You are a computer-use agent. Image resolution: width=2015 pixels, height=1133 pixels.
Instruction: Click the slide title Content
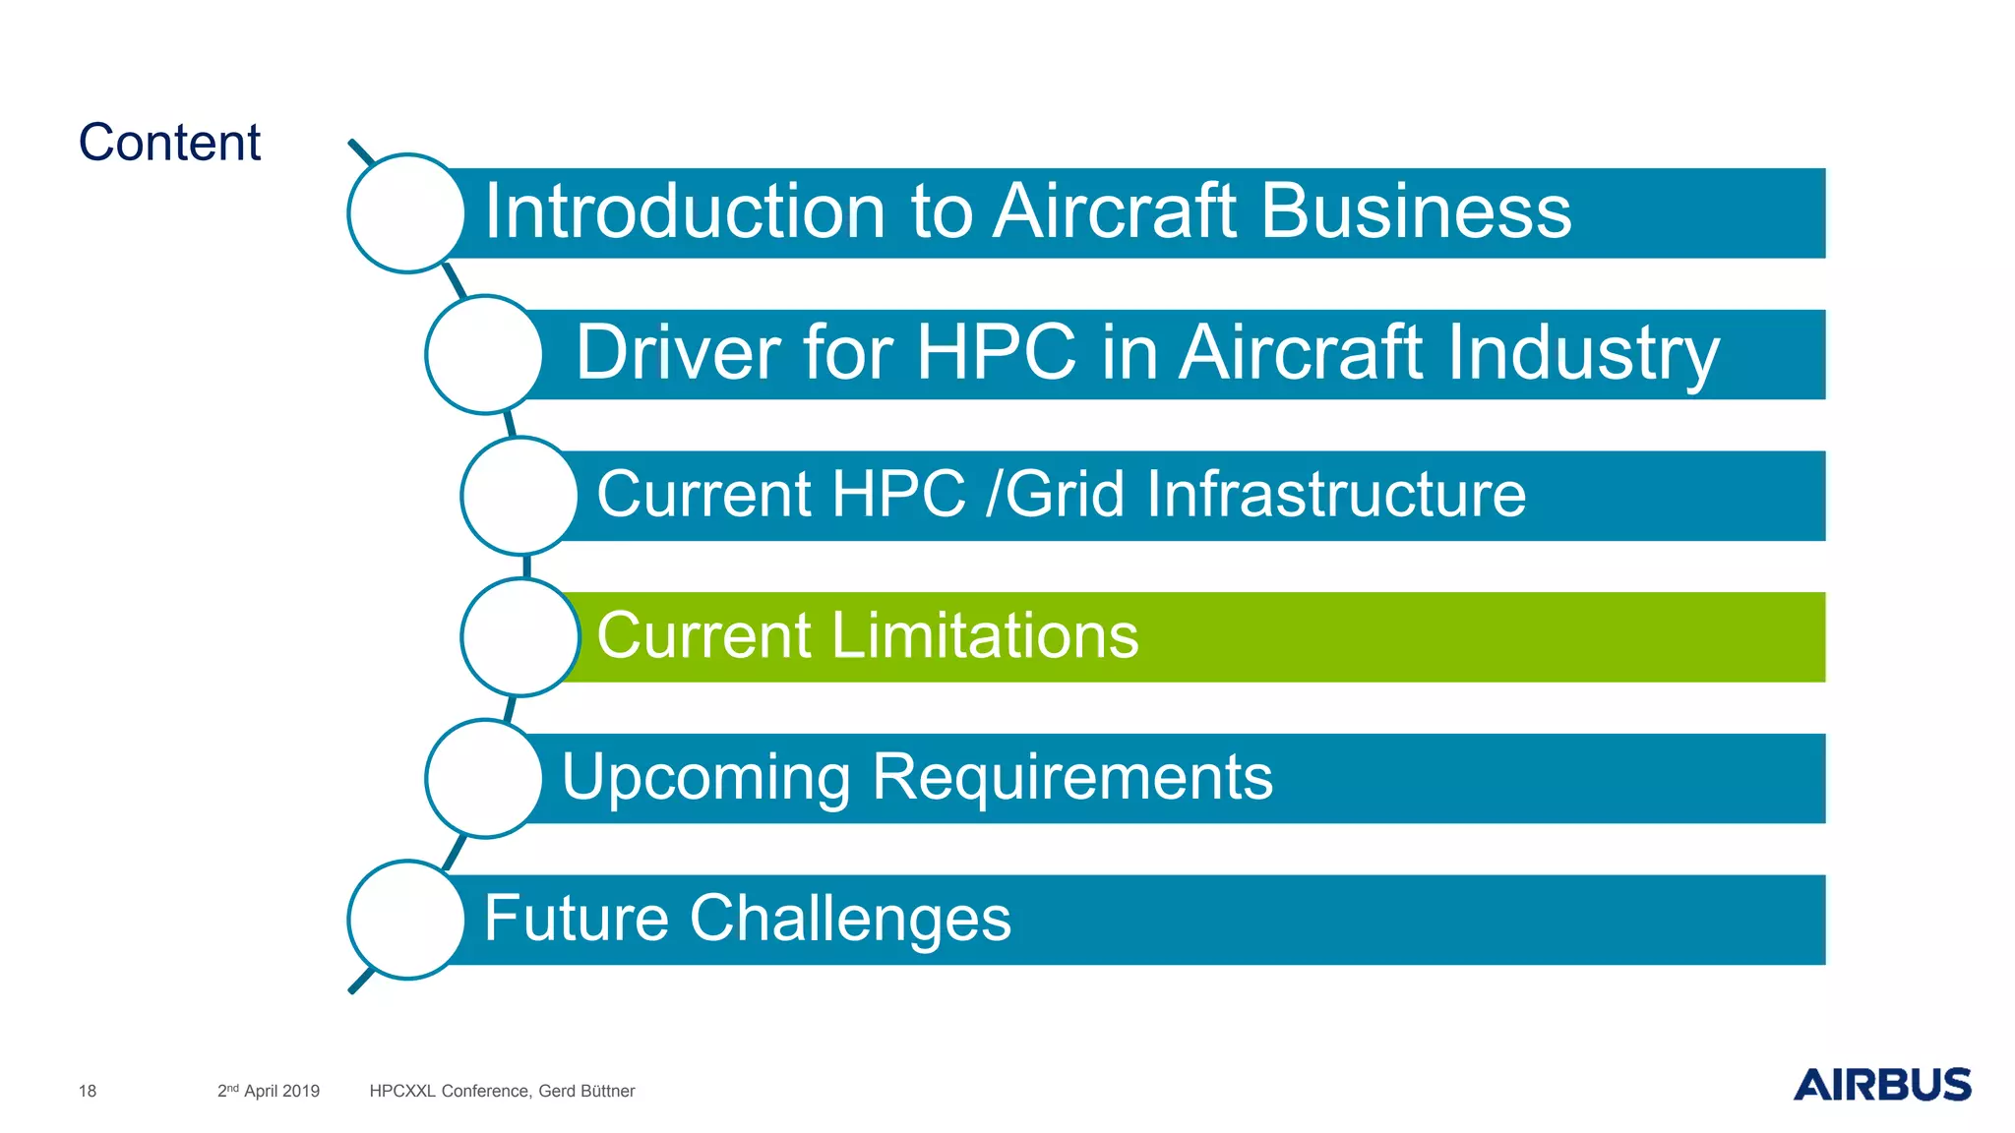169,143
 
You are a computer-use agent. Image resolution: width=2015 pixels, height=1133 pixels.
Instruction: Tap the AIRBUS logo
1881,1084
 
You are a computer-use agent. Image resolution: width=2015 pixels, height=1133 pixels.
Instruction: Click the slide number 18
88,1091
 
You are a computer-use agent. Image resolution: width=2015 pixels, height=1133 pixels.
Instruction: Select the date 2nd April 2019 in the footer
269,1091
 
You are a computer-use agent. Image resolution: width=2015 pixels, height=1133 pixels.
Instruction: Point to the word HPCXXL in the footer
402,1091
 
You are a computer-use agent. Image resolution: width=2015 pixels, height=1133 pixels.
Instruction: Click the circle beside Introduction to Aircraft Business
406,213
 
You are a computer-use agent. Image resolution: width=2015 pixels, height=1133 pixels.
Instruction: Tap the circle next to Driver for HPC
484,354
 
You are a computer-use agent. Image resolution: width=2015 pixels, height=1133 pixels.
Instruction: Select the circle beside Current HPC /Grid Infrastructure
519,496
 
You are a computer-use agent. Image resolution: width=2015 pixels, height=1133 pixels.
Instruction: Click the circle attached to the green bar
519,637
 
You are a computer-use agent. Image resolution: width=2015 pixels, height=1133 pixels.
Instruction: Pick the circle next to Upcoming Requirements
484,778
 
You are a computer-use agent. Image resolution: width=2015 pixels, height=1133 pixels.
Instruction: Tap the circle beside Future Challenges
406,920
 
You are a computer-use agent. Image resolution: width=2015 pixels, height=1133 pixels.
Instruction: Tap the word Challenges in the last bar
849,919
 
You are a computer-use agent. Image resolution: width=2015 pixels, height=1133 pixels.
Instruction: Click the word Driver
678,353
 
